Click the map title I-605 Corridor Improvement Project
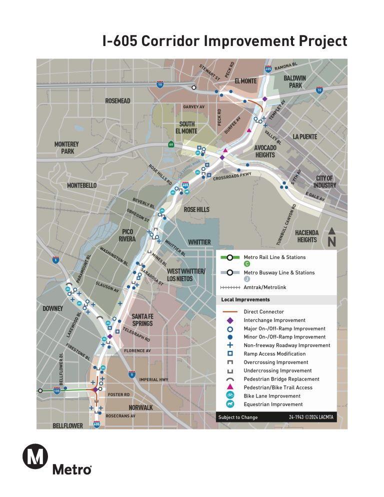click(x=224, y=41)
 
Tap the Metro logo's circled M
click(x=35, y=457)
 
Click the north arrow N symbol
click(x=331, y=238)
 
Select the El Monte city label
click(x=245, y=81)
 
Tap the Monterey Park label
click(x=66, y=147)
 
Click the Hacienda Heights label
click(x=306, y=236)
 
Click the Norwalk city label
click(x=140, y=407)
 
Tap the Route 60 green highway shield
click(x=170, y=144)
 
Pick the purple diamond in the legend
click(x=230, y=320)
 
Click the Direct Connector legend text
click(x=263, y=312)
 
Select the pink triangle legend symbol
click(x=230, y=387)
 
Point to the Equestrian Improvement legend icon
click(x=230, y=404)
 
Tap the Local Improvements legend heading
click(x=245, y=300)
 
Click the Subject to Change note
click(x=238, y=417)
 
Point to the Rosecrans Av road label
click(x=120, y=415)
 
